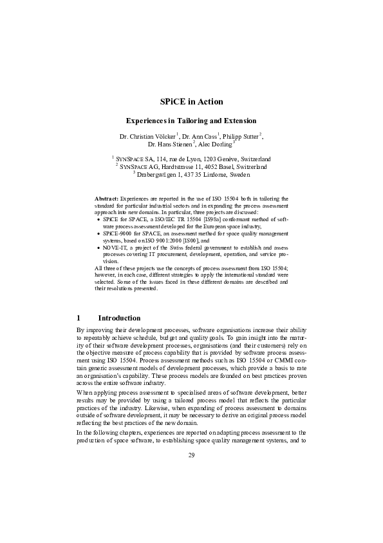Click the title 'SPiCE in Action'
pos(191,101)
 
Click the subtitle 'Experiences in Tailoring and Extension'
pos(191,121)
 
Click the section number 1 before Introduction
pos(79,318)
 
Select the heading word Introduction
pos(119,318)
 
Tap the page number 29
pos(191,455)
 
